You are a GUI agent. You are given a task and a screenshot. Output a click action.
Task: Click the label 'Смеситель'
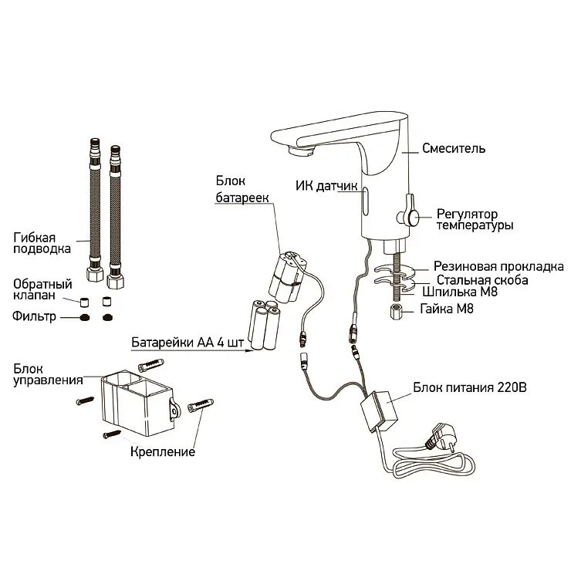point(454,149)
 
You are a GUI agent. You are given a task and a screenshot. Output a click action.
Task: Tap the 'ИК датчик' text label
point(326,186)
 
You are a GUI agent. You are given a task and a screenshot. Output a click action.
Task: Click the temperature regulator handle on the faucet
point(410,214)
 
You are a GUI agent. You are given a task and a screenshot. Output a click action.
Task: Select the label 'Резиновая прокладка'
point(498,266)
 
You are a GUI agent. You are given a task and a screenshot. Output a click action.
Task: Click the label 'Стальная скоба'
point(482,280)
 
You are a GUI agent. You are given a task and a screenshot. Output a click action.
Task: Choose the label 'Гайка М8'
point(447,309)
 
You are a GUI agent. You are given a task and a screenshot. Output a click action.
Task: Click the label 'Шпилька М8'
point(460,292)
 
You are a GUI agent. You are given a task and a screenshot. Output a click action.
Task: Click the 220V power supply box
point(379,411)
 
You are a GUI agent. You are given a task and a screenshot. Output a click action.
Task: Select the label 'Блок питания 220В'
point(470,387)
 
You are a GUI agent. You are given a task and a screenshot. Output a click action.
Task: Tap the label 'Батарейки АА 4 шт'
point(188,343)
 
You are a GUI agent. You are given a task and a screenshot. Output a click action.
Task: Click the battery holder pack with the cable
point(288,276)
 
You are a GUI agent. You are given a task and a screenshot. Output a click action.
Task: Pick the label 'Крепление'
point(163,452)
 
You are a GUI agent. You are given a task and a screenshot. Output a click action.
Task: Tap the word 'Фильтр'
point(34,316)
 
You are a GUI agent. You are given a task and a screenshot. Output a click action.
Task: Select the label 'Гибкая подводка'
point(42,243)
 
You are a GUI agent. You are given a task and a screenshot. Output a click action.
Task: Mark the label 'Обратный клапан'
point(42,289)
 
